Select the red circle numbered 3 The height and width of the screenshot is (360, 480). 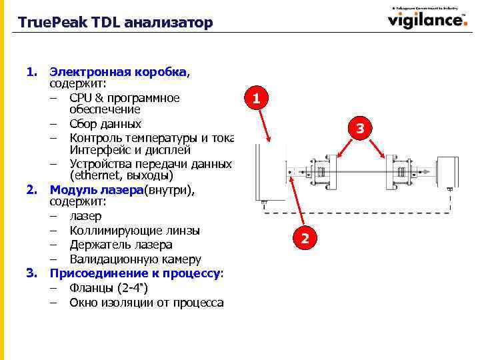click(x=359, y=128)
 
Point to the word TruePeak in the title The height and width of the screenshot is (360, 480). click(x=46, y=23)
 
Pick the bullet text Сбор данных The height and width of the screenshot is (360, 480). click(x=105, y=124)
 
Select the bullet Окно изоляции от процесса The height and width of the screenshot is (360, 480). click(x=147, y=303)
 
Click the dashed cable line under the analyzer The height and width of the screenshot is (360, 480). click(x=360, y=213)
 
